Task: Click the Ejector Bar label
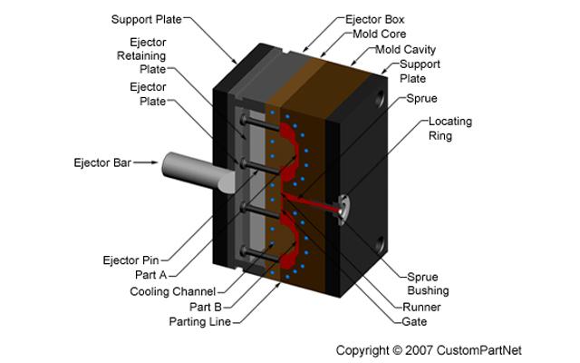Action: pos(101,163)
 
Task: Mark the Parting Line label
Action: pos(200,321)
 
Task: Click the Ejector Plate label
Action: pos(148,94)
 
